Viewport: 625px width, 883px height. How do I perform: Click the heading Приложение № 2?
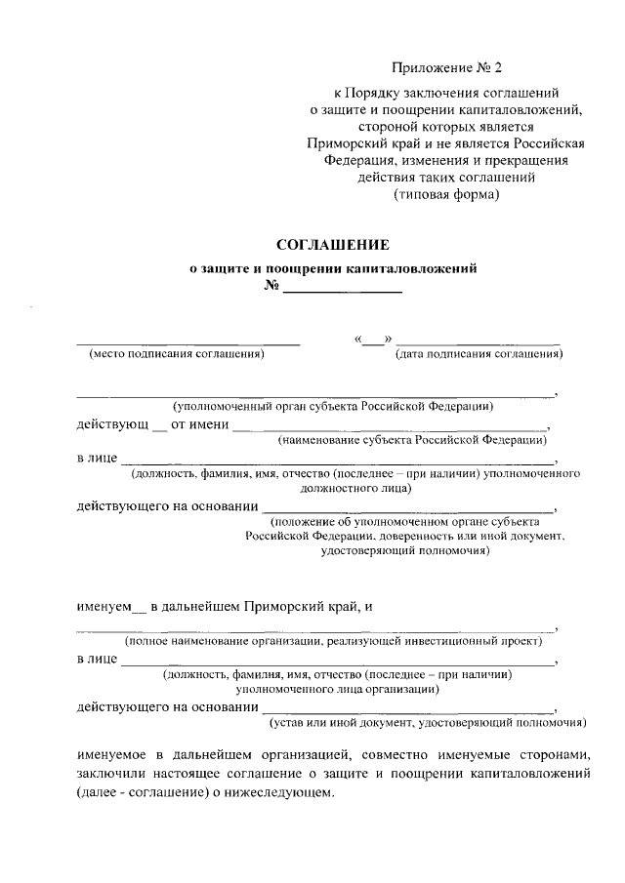445,68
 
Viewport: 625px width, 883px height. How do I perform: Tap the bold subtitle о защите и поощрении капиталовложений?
332,267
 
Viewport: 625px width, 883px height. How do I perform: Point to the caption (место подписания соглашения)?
177,354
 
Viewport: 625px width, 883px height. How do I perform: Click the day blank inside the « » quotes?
372,340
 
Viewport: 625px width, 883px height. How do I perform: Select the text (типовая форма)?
446,194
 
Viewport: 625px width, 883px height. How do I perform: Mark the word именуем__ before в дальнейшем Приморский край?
110,607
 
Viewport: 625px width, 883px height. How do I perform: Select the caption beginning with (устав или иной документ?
428,723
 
